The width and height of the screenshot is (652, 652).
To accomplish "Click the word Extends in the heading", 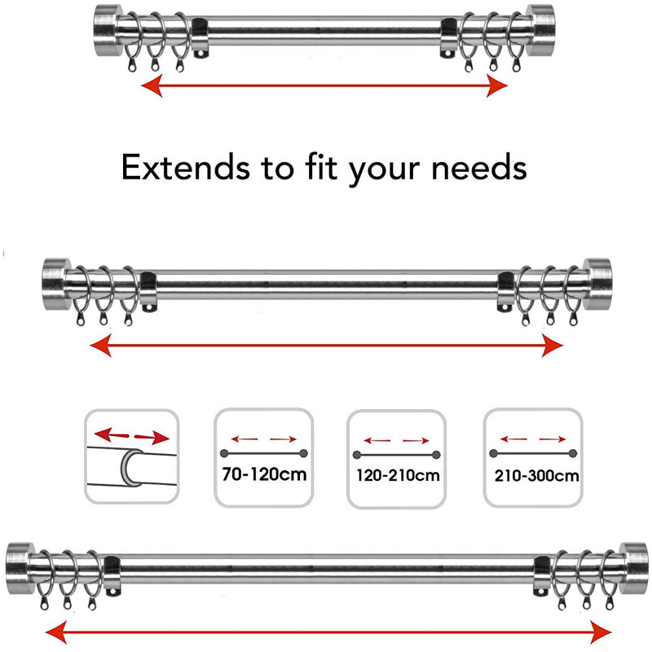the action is (x=186, y=167).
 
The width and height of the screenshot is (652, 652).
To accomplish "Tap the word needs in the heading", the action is (x=479, y=167).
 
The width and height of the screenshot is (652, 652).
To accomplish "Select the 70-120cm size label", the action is (x=264, y=474).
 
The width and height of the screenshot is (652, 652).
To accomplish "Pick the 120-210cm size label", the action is (x=398, y=475).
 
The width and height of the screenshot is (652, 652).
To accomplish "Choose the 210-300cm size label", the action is (x=536, y=475).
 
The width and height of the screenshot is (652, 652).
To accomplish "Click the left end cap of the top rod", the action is (x=108, y=30).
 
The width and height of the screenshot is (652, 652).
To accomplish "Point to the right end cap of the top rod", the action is (x=540, y=30).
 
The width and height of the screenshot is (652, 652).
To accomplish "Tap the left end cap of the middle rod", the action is (x=56, y=284).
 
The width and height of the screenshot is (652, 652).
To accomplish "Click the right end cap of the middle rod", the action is (x=597, y=284).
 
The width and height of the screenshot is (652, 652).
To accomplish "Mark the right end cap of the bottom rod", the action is (x=634, y=568).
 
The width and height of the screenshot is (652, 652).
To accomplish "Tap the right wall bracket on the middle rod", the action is (x=506, y=292).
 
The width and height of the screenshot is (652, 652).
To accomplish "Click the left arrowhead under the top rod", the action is (x=152, y=86).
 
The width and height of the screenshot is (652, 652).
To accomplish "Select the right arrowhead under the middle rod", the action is (x=553, y=346).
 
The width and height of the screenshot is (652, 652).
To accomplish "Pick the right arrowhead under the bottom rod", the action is (x=601, y=632).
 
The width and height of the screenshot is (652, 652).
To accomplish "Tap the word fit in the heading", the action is (x=320, y=166).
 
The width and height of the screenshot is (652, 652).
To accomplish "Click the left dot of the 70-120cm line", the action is (x=225, y=453).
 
